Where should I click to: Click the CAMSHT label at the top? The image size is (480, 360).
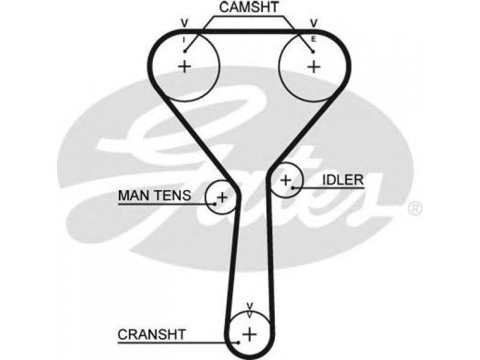click(x=249, y=7)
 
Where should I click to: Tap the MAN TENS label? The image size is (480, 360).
click(x=155, y=196)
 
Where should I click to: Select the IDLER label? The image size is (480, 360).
click(x=343, y=180)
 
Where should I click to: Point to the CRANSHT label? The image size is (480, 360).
click(x=152, y=335)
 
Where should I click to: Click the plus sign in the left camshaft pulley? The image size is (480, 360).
click(x=185, y=66)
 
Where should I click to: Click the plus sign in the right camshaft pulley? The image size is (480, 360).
click(x=314, y=67)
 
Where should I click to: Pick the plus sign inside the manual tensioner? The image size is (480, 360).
click(x=222, y=197)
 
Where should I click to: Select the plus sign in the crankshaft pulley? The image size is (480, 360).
click(x=250, y=334)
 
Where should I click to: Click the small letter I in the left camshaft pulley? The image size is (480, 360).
click(x=184, y=40)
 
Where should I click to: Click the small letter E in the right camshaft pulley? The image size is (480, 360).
click(x=313, y=39)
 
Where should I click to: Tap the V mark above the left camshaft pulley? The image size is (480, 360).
click(x=184, y=23)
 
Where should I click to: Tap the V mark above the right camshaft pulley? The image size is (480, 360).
click(x=314, y=23)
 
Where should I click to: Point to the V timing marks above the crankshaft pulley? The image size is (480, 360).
click(x=250, y=311)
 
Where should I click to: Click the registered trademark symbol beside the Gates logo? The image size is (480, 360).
click(x=415, y=209)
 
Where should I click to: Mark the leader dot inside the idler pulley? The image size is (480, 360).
click(x=293, y=187)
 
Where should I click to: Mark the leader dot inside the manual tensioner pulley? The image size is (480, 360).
click(x=215, y=204)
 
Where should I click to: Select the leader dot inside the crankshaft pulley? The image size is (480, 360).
click(x=238, y=343)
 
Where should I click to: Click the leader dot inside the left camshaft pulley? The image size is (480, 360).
click(x=185, y=52)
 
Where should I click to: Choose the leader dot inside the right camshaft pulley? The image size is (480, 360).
click(x=313, y=52)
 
